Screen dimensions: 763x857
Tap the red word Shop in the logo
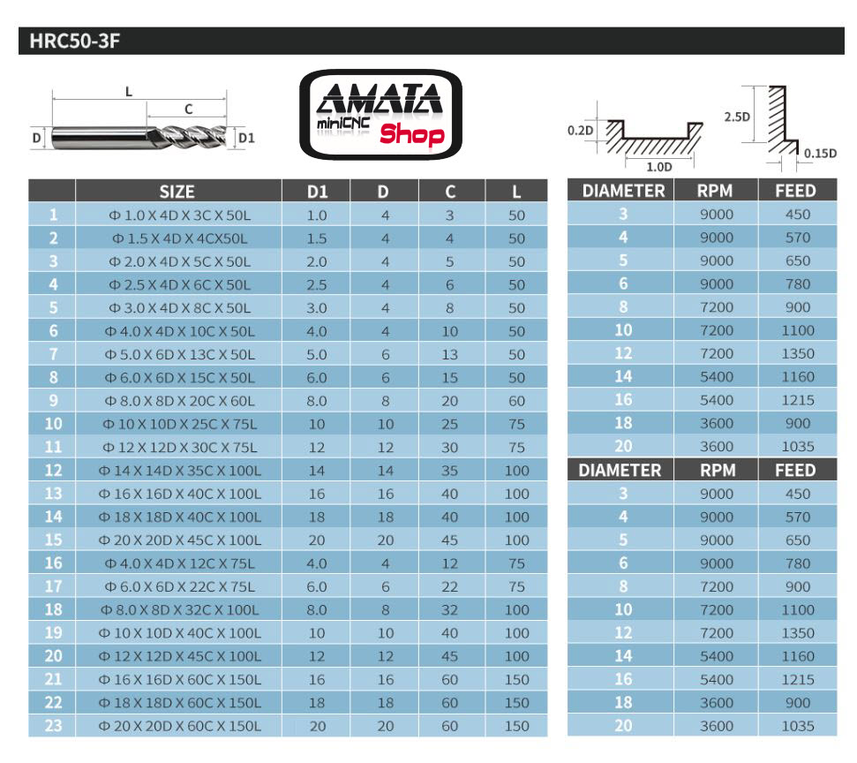pos(411,135)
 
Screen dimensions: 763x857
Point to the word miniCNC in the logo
pos(342,125)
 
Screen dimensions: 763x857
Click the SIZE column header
pos(177,191)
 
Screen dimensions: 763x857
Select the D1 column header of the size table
pos(317,191)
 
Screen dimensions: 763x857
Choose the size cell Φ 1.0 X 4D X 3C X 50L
pos(177,215)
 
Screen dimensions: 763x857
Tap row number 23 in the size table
pos(53,726)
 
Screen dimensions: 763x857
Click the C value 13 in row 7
pos(449,354)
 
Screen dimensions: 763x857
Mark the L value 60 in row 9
pos(516,401)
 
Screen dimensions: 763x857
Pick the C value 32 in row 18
pos(449,609)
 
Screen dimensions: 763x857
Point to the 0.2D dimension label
pos(580,131)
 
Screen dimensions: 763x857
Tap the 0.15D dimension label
pos(821,153)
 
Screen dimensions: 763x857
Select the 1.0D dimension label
pos(658,166)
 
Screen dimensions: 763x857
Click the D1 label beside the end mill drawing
pos(246,138)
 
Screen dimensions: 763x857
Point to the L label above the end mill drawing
pos(129,91)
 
